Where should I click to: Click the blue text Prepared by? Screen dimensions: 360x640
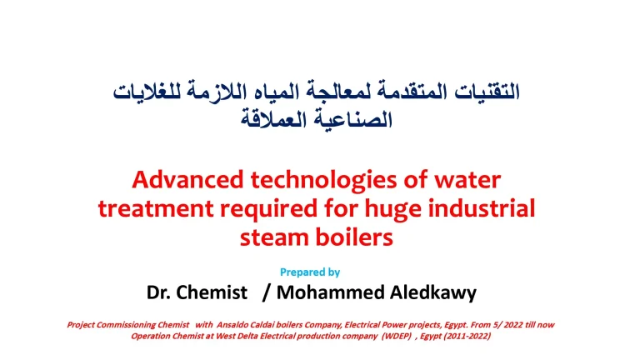pyautogui.click(x=309, y=272)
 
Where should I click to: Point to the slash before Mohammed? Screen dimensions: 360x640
pyautogui.click(x=265, y=292)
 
